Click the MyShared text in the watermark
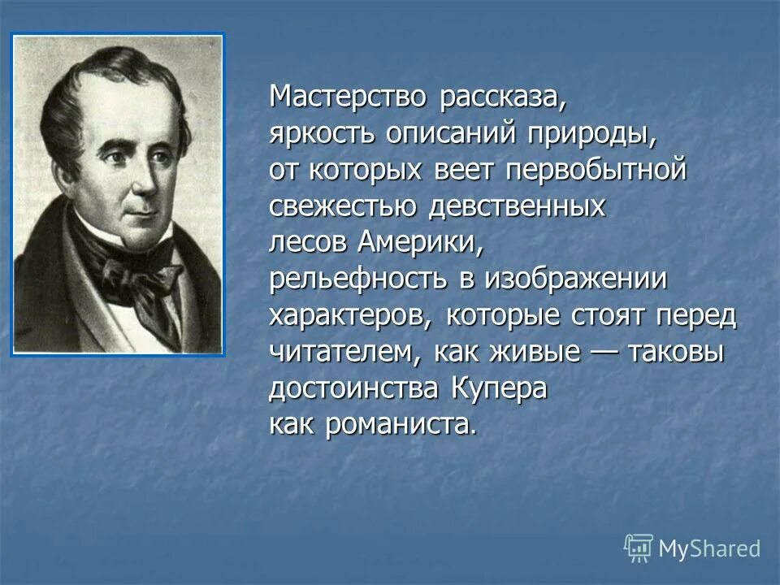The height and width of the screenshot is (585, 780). point(709,548)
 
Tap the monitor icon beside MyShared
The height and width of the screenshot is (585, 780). point(639,548)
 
